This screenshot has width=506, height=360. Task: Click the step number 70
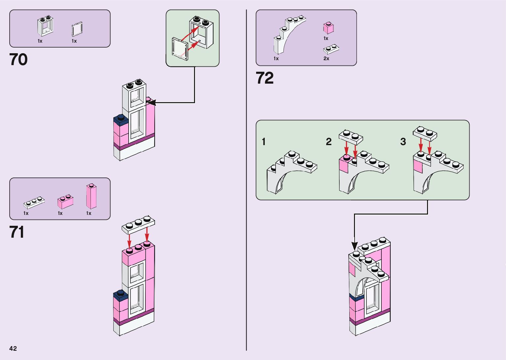[x=19, y=60]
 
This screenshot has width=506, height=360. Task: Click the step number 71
[x=17, y=232]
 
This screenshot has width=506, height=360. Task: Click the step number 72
[x=265, y=78]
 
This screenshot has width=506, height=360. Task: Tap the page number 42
[x=13, y=348]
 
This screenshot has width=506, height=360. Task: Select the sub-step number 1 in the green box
[x=263, y=142]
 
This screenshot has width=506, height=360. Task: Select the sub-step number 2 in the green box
[x=329, y=142]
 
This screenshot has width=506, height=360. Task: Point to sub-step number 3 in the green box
[x=403, y=142]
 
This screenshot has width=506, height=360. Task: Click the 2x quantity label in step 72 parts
[x=326, y=59]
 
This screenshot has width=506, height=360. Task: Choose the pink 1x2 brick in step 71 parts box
[x=65, y=202]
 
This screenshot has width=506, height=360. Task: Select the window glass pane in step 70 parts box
[x=77, y=29]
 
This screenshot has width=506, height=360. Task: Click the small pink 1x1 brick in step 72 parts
[x=328, y=28]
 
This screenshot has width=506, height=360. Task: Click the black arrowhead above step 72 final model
[x=354, y=246]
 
